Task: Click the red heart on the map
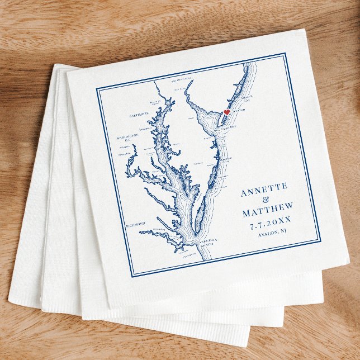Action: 226,112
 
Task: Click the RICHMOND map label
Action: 135,224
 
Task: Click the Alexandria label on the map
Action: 126,154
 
